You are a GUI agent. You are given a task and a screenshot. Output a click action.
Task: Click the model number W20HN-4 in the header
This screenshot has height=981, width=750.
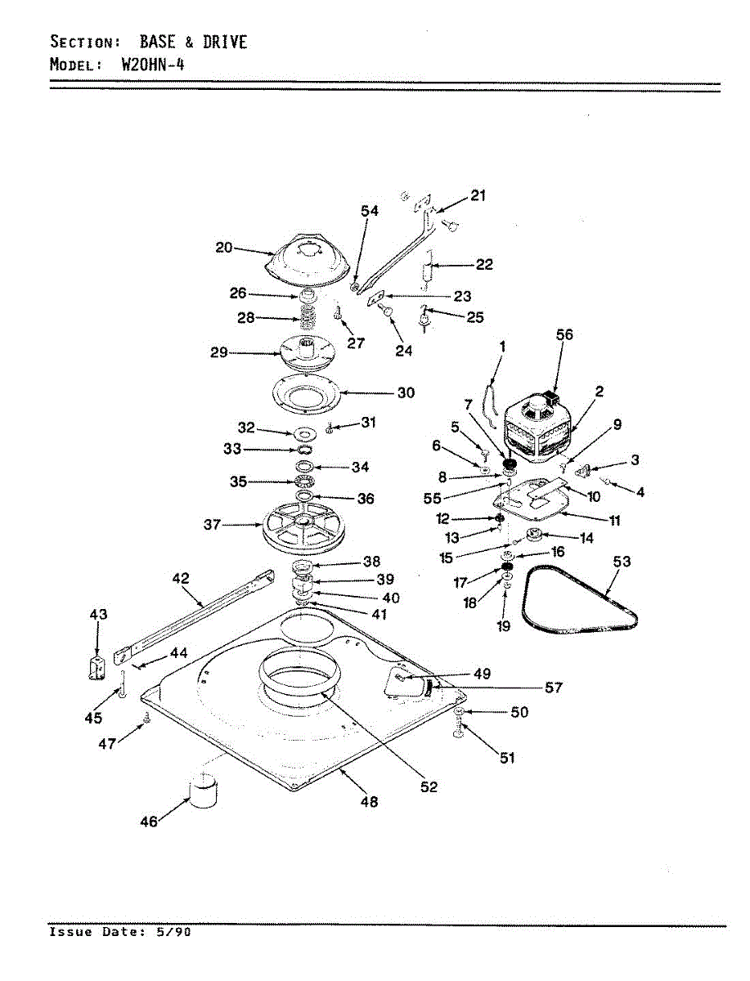point(152,65)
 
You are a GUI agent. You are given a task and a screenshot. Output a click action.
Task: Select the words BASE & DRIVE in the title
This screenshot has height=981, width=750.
point(193,42)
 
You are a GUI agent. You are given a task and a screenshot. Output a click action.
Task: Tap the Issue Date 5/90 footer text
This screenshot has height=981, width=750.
point(120,932)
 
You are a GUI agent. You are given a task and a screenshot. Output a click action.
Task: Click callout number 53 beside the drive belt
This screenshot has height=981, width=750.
point(622,562)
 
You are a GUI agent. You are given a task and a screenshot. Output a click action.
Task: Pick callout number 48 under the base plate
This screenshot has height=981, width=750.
point(369,802)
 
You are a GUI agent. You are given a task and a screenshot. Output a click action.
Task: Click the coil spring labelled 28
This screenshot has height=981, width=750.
point(306,320)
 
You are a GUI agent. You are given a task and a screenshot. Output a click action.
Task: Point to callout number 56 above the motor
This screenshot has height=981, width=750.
point(564,334)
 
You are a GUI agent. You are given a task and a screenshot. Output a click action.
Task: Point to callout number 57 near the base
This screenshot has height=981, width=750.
point(553,688)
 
